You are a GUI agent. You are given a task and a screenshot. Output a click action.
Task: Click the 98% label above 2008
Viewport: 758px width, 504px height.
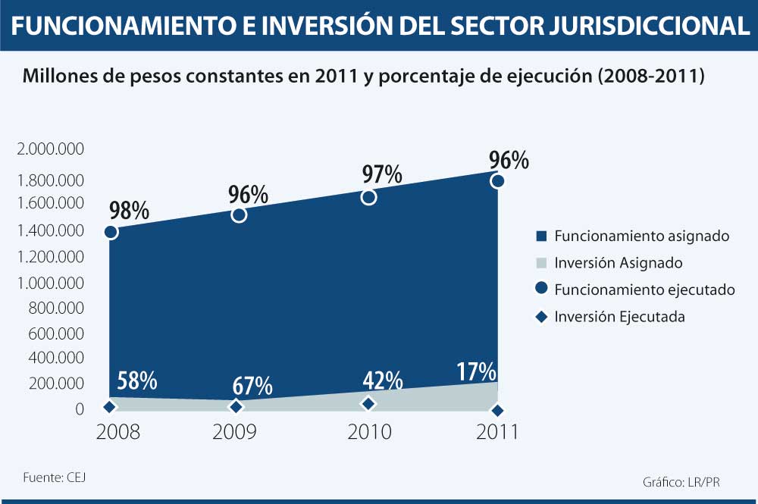pyautogui.click(x=130, y=210)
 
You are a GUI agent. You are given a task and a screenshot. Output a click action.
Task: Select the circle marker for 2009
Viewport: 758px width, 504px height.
pyautogui.click(x=239, y=214)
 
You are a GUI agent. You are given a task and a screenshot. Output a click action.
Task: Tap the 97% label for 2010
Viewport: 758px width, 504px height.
pyautogui.click(x=381, y=174)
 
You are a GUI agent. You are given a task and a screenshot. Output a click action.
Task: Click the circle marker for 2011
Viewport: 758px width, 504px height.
pyautogui.click(x=497, y=180)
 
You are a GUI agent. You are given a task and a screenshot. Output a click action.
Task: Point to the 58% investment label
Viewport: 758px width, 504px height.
pyautogui.click(x=136, y=380)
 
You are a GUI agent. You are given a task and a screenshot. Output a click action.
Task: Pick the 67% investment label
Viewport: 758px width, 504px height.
pyautogui.click(x=252, y=385)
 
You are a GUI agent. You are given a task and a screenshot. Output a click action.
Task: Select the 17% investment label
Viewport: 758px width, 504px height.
pyautogui.click(x=477, y=371)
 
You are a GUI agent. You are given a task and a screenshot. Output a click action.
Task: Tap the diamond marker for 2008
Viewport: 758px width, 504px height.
pyautogui.click(x=109, y=407)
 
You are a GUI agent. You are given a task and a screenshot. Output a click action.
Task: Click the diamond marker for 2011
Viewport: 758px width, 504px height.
pyautogui.click(x=497, y=410)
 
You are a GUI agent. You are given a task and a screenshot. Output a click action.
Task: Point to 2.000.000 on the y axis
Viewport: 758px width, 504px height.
pyautogui.click(x=50, y=149)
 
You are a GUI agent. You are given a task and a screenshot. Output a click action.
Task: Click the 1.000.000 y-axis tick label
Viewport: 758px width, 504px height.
pyautogui.click(x=50, y=283)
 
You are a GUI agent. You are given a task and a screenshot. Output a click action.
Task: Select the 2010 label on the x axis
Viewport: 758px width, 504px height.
pyautogui.click(x=369, y=432)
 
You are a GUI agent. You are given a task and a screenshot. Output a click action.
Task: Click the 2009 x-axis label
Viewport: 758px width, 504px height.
pyautogui.click(x=234, y=432)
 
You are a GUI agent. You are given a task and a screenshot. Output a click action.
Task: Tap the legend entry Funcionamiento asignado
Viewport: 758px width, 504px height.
pyautogui.click(x=641, y=236)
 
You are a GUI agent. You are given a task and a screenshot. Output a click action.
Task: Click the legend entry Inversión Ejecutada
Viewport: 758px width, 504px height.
pyautogui.click(x=619, y=317)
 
